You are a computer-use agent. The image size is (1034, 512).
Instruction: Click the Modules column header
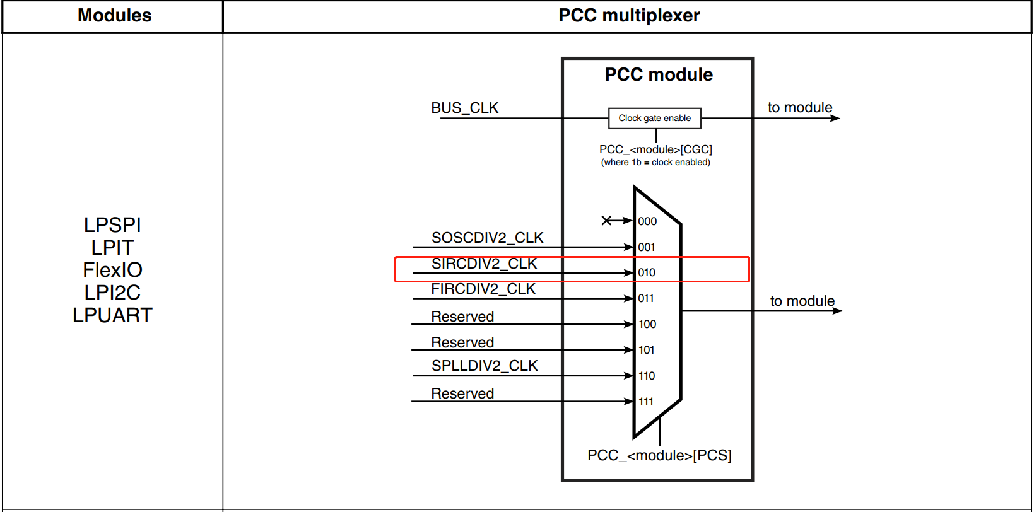tap(114, 16)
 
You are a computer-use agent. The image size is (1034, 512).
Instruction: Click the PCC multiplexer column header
tap(629, 16)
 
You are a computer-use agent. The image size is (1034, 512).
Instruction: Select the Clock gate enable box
tap(654, 118)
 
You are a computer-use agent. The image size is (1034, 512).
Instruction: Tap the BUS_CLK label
tap(464, 108)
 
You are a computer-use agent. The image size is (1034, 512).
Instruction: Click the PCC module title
tap(659, 74)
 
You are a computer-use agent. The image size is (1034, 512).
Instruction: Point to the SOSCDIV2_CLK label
tap(487, 238)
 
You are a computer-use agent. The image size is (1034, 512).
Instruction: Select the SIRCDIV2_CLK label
tap(484, 264)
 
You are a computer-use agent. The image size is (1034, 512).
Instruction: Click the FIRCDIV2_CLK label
tap(483, 289)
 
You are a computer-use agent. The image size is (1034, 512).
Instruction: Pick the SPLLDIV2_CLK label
tap(485, 366)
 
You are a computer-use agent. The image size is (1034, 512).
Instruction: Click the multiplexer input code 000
tap(647, 221)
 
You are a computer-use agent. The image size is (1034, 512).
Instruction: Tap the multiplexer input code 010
tap(647, 272)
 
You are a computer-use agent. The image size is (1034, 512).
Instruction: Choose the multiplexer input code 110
tap(647, 376)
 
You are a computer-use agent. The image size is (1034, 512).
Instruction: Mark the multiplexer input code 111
tap(646, 402)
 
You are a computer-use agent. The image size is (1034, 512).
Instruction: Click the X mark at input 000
tap(606, 220)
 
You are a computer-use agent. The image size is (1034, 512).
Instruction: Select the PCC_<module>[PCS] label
tap(659, 455)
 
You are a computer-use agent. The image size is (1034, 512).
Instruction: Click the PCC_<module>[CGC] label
tap(655, 149)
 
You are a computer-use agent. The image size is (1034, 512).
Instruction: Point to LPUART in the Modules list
tap(112, 315)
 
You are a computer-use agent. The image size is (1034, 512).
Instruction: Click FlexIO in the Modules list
tap(112, 270)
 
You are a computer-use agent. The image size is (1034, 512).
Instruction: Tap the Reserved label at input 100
tap(462, 317)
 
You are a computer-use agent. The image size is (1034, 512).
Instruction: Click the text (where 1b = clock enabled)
tap(655, 162)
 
